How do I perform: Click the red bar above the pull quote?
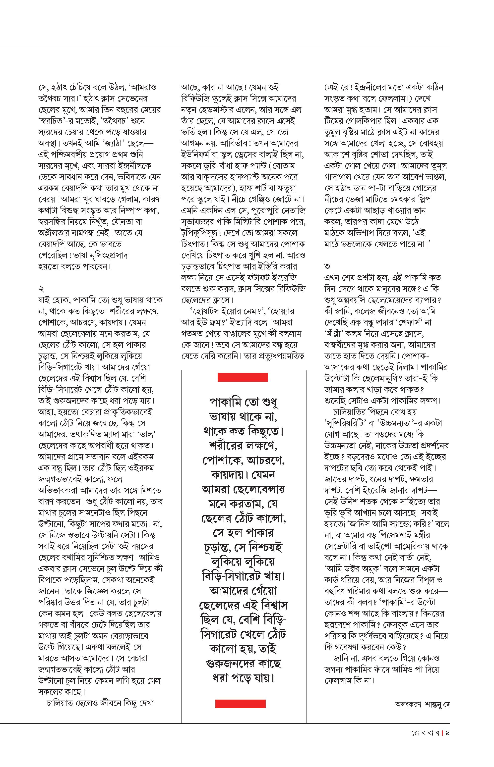tap(243, 377)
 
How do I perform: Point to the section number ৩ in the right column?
tap(327, 266)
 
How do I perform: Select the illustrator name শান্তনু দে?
tap(437, 705)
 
